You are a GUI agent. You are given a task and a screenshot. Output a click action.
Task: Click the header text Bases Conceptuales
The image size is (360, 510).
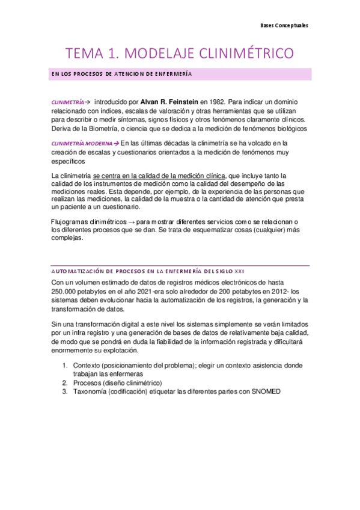pos(284,26)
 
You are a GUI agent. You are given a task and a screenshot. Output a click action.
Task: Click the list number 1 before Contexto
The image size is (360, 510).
pos(64,366)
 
